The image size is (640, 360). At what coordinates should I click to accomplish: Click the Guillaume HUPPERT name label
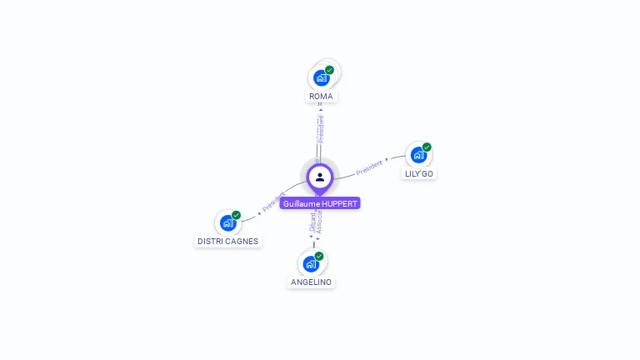click(x=320, y=203)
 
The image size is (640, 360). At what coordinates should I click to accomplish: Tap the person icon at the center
click(x=320, y=177)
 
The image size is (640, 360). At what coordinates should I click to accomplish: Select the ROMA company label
click(x=321, y=97)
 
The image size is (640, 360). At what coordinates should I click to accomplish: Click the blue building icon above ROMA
click(x=321, y=78)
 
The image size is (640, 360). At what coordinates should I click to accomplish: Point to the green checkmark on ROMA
click(x=329, y=70)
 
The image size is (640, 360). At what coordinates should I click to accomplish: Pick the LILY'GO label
click(x=418, y=173)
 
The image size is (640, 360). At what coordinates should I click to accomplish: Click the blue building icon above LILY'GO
click(x=418, y=155)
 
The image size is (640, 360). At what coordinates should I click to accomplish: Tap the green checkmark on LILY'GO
click(x=427, y=147)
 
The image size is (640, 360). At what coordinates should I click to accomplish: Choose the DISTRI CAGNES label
click(x=228, y=241)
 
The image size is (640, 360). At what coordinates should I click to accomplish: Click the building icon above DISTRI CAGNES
click(x=227, y=223)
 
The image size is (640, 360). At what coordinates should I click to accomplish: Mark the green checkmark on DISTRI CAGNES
click(x=236, y=215)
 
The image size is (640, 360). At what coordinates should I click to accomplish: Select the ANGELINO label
click(x=311, y=282)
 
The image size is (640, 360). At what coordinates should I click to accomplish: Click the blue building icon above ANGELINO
click(x=311, y=264)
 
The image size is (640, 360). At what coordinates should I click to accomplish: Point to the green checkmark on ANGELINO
click(x=319, y=256)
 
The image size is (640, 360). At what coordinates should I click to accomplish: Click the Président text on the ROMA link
click(x=321, y=128)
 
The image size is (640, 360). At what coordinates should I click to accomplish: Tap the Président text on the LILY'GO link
click(x=369, y=167)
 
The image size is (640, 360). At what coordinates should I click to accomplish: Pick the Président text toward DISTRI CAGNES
click(x=274, y=202)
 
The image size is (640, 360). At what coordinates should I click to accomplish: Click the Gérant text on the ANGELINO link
click(x=312, y=222)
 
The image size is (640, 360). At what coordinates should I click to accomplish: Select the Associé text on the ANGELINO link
click(x=319, y=221)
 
